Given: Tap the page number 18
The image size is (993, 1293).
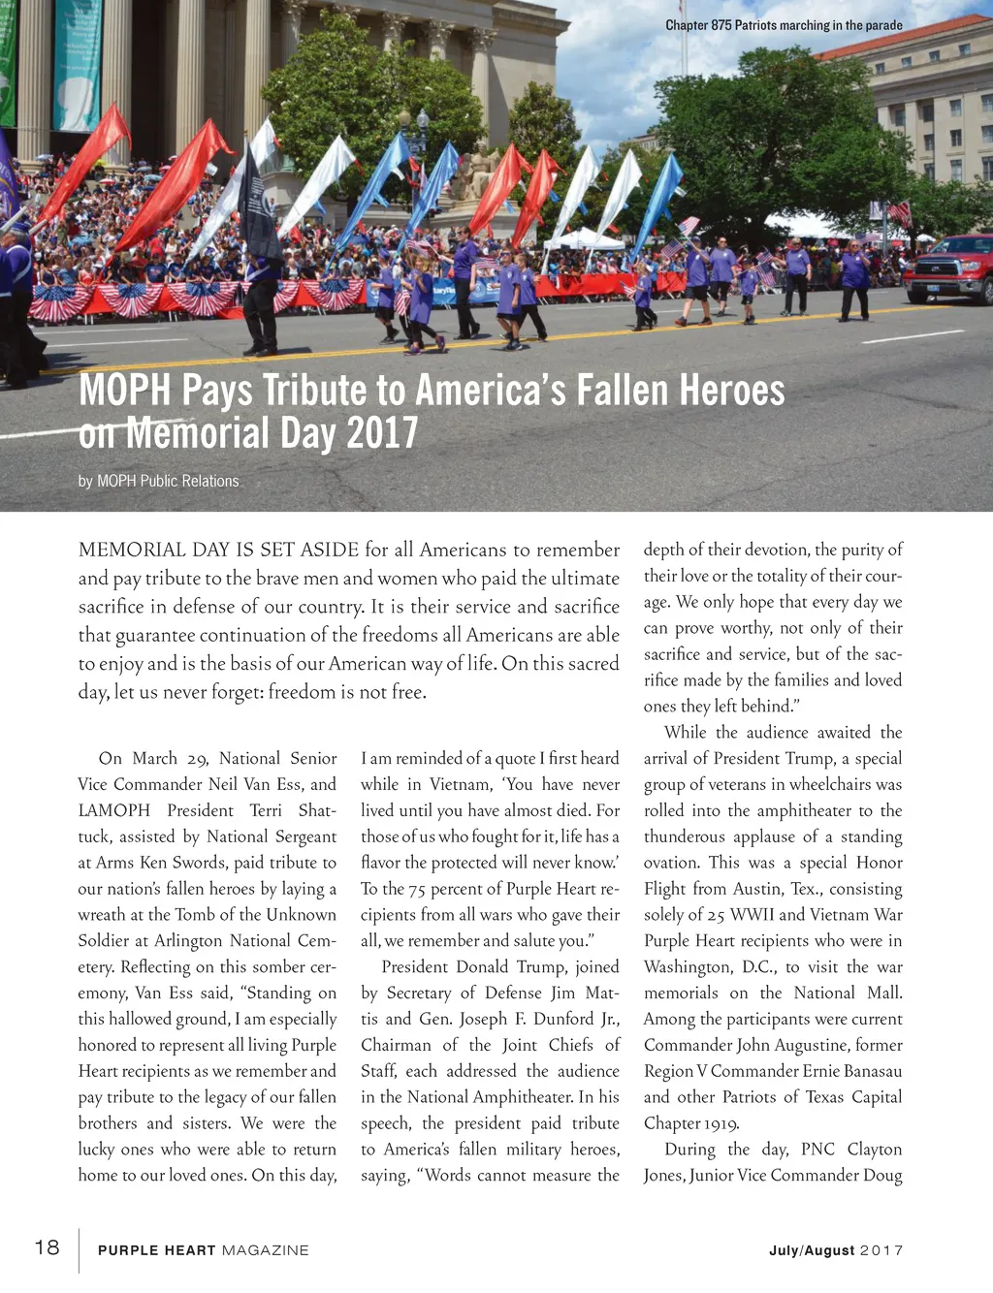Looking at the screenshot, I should [47, 1247].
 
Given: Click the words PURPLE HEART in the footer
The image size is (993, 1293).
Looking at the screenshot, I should [156, 1250].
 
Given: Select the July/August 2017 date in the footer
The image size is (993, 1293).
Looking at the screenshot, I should [835, 1250].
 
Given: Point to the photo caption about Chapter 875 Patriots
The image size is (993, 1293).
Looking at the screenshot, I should [784, 25].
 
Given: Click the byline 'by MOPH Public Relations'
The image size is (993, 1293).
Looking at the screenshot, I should [158, 481].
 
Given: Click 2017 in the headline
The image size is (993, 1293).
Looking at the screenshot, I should [381, 433].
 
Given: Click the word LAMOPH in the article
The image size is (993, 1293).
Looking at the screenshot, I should [114, 810].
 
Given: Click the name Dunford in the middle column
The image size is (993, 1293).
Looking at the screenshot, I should [557, 1019].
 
